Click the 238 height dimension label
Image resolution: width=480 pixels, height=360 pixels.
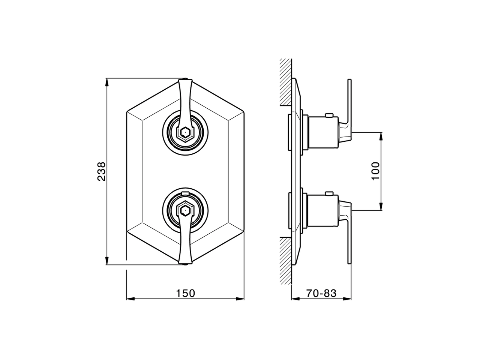click(102, 171)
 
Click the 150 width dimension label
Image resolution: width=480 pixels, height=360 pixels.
click(186, 293)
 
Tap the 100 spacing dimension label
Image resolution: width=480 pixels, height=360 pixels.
click(376, 171)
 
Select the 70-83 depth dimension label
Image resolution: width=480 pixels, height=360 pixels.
click(321, 293)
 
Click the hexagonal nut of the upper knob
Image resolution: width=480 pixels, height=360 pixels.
click(184, 132)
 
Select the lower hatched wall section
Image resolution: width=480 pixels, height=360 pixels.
click(286, 261)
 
